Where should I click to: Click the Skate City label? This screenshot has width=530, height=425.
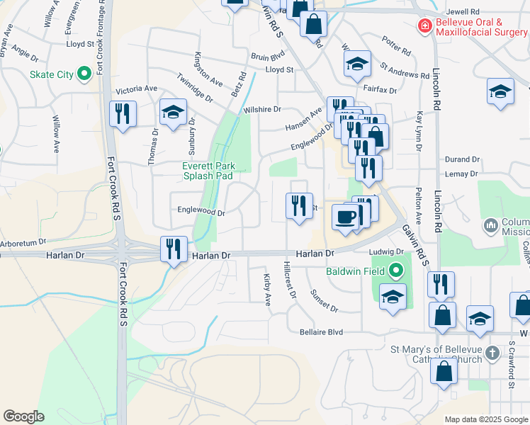click(51, 74)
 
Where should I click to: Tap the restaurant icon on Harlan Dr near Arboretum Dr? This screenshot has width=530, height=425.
click(174, 249)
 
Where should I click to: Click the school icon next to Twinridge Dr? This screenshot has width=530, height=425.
click(173, 112)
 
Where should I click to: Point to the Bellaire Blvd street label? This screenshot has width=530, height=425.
click(321, 331)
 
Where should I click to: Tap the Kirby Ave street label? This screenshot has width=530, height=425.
click(268, 290)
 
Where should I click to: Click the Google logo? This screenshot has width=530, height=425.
click(23, 416)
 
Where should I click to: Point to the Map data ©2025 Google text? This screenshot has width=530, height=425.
click(485, 419)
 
